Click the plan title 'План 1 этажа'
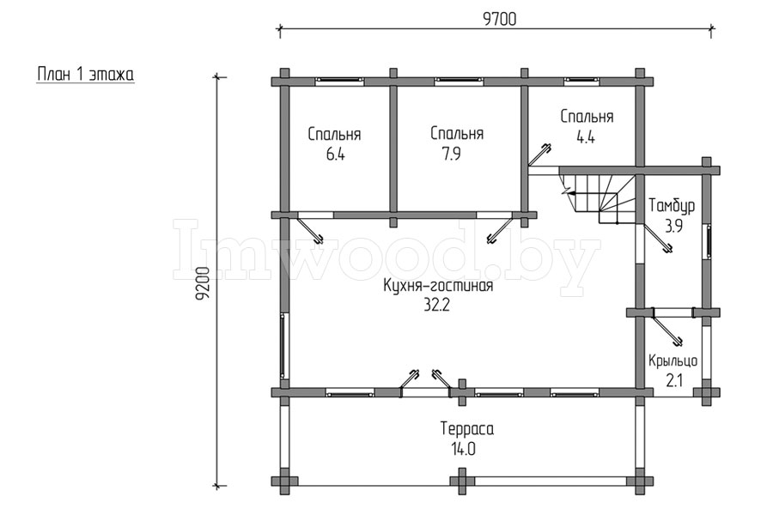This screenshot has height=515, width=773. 85,75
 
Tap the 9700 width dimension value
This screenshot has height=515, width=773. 499,19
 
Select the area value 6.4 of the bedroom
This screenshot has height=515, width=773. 335,154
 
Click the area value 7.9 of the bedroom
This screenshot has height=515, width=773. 451,154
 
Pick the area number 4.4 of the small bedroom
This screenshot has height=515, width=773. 585,137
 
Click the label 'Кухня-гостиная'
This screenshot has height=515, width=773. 438,286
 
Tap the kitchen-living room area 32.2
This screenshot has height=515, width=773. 437,306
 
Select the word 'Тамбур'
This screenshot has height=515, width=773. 672,205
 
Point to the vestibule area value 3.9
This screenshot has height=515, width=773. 673,227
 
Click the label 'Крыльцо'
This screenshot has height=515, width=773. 673,361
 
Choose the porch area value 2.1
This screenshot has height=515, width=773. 674,380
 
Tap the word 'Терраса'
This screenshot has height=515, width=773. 467,429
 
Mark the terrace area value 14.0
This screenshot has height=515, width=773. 462,449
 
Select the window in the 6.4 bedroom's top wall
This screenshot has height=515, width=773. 339,81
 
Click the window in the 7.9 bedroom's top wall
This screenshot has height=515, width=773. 459,81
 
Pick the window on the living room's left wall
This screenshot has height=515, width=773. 283,345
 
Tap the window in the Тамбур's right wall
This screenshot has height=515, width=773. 708,240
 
